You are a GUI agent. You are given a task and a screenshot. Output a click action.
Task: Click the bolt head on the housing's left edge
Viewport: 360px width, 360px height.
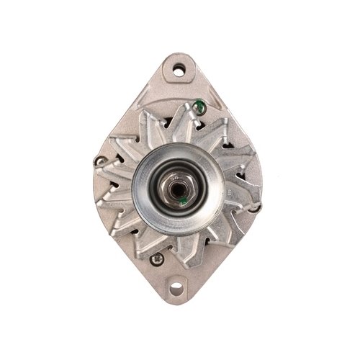100,161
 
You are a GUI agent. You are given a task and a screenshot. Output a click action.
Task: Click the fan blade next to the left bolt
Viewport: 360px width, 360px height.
119,169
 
